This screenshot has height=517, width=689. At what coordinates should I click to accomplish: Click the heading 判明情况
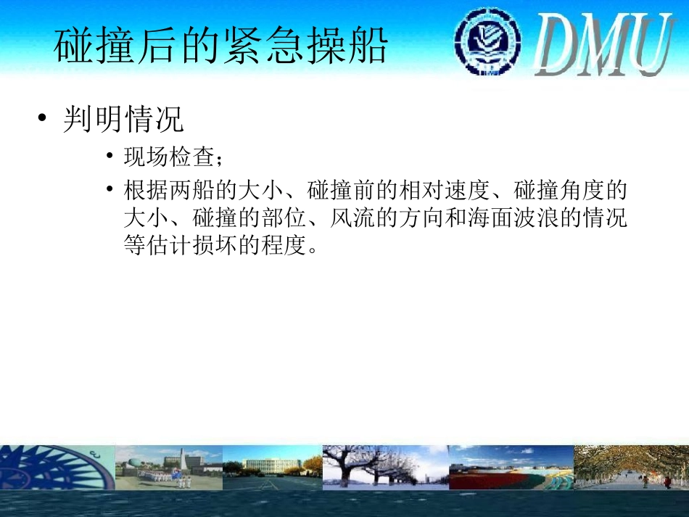tap(123, 120)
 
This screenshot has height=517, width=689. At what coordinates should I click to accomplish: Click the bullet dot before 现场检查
tap(109, 156)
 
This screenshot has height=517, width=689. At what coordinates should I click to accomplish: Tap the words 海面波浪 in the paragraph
tap(513, 218)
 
